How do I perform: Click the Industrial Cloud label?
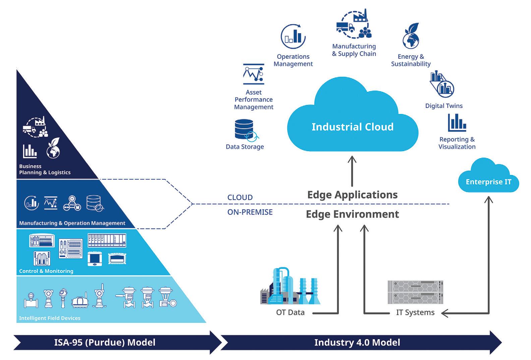point(353,127)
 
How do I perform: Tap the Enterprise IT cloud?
point(488,176)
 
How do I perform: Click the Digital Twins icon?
point(442,84)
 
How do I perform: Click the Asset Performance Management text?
point(254,100)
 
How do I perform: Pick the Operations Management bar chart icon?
point(293,37)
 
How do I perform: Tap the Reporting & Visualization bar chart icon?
point(457,123)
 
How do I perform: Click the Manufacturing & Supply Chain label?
point(354,50)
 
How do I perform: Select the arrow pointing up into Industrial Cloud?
point(352,171)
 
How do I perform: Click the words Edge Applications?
point(352,195)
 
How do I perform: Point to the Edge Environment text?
point(352,214)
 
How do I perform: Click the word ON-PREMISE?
point(250,212)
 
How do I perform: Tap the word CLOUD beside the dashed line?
point(240,197)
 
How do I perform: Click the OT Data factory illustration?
point(290,286)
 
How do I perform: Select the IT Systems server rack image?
point(415,292)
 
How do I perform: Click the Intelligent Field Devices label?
point(50,318)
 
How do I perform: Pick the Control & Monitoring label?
point(46,271)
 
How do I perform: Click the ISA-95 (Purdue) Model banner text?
point(105,343)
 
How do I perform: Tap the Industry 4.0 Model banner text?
point(357,343)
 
